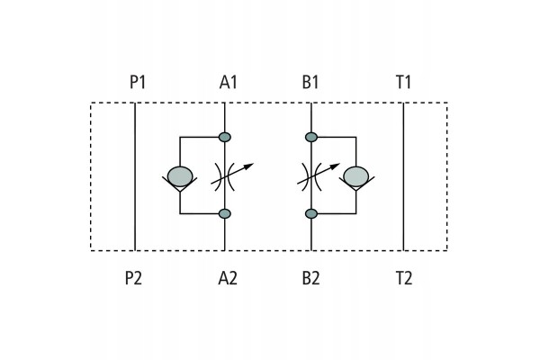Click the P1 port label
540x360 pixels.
138,82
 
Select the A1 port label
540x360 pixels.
229,82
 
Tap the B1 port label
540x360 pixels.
310,82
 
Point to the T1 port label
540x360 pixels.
403,82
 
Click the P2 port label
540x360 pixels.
133,278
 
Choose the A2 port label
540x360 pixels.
228,278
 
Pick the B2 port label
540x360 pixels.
310,278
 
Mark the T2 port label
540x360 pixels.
403,278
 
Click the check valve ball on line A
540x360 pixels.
180,176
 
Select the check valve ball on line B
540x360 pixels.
356,176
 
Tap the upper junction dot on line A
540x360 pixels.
224,137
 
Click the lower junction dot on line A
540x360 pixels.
224,213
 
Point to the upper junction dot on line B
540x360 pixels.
311,137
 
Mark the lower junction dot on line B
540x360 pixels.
311,213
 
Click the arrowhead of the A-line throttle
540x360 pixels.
248,166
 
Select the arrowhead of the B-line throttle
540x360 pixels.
335,166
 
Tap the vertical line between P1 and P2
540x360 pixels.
135,176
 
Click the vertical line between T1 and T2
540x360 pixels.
403,176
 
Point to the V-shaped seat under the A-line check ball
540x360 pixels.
180,184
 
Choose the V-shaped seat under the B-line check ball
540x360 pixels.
356,184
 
